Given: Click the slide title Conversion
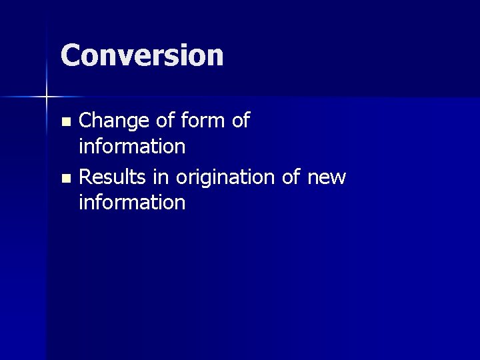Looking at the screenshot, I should (x=142, y=55).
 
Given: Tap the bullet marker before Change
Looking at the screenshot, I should (x=65, y=122).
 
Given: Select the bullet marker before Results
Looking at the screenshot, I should (x=65, y=179).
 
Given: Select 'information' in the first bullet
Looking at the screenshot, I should (x=131, y=145).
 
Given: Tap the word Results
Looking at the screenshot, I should (x=113, y=177).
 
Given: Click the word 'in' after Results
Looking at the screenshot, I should (x=162, y=177).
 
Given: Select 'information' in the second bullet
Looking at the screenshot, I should (x=131, y=202).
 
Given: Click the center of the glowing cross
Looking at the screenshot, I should (x=47, y=97).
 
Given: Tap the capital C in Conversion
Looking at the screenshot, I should (x=70, y=55).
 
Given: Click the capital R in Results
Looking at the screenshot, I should (x=85, y=177).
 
